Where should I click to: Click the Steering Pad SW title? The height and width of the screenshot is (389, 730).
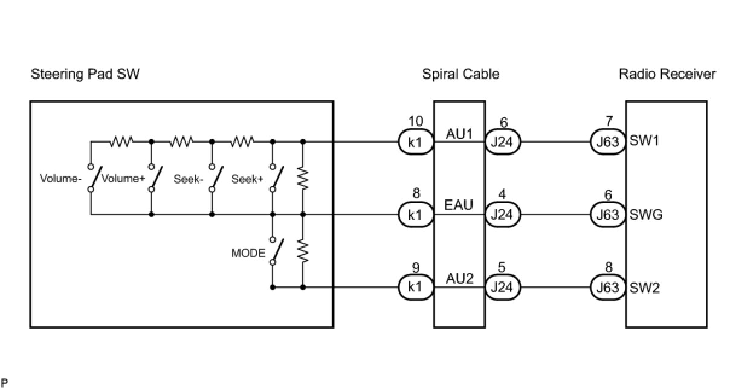(85, 74)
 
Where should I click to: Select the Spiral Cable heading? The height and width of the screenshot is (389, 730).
(460, 74)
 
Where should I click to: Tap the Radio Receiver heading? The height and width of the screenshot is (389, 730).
(667, 74)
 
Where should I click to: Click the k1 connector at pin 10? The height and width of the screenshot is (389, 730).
(415, 143)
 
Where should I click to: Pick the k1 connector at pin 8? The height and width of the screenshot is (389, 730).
(415, 214)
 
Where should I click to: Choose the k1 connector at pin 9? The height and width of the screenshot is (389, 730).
(415, 287)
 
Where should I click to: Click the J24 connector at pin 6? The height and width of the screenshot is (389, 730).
(502, 143)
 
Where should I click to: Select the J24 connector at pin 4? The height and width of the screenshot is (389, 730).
(502, 214)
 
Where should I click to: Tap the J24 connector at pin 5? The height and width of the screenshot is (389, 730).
(502, 287)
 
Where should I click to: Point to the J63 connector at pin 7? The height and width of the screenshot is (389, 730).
(608, 143)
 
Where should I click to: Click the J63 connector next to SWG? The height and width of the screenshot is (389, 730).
(608, 214)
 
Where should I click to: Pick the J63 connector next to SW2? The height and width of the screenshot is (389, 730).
(608, 287)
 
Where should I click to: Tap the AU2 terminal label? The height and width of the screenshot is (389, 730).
(459, 278)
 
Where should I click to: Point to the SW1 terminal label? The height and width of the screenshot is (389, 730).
(644, 143)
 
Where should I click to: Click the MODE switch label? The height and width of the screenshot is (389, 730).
(248, 253)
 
